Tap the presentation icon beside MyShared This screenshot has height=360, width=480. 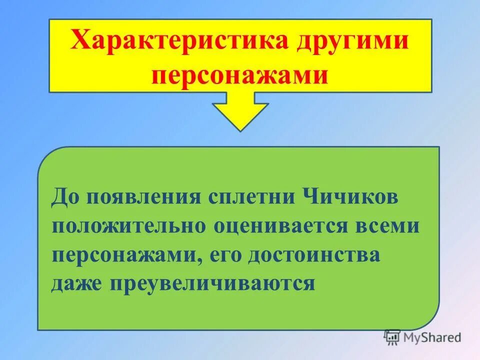coord(392,337)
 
